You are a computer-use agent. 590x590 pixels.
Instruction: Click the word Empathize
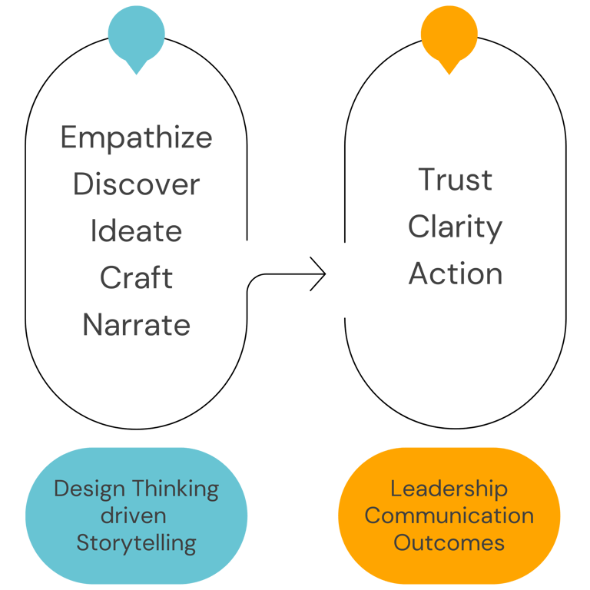[136, 139]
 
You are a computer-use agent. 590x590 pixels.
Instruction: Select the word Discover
[136, 185]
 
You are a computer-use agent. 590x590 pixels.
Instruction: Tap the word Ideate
[136, 231]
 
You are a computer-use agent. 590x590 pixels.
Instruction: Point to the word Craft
[136, 278]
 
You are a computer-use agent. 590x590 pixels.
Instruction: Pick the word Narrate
[136, 325]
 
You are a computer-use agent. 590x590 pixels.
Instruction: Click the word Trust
[455, 180]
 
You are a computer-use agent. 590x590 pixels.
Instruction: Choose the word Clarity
[455, 227]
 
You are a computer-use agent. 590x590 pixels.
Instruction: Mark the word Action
[455, 274]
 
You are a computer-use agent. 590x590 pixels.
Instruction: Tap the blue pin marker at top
[136, 34]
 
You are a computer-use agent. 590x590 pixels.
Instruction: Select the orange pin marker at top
[449, 34]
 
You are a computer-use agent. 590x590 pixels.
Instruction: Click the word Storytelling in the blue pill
[136, 543]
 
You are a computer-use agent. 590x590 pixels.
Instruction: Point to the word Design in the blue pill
[90, 489]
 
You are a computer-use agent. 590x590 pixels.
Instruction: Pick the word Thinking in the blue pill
[175, 489]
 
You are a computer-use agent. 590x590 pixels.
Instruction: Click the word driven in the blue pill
[136, 515]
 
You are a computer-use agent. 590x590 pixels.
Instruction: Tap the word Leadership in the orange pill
[449, 489]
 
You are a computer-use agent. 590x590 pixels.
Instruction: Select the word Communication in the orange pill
[449, 515]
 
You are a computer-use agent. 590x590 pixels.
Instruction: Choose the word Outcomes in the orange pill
[449, 543]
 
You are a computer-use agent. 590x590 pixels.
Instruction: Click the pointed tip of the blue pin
[136, 74]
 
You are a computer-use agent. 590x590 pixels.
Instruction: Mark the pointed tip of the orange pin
[449, 74]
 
